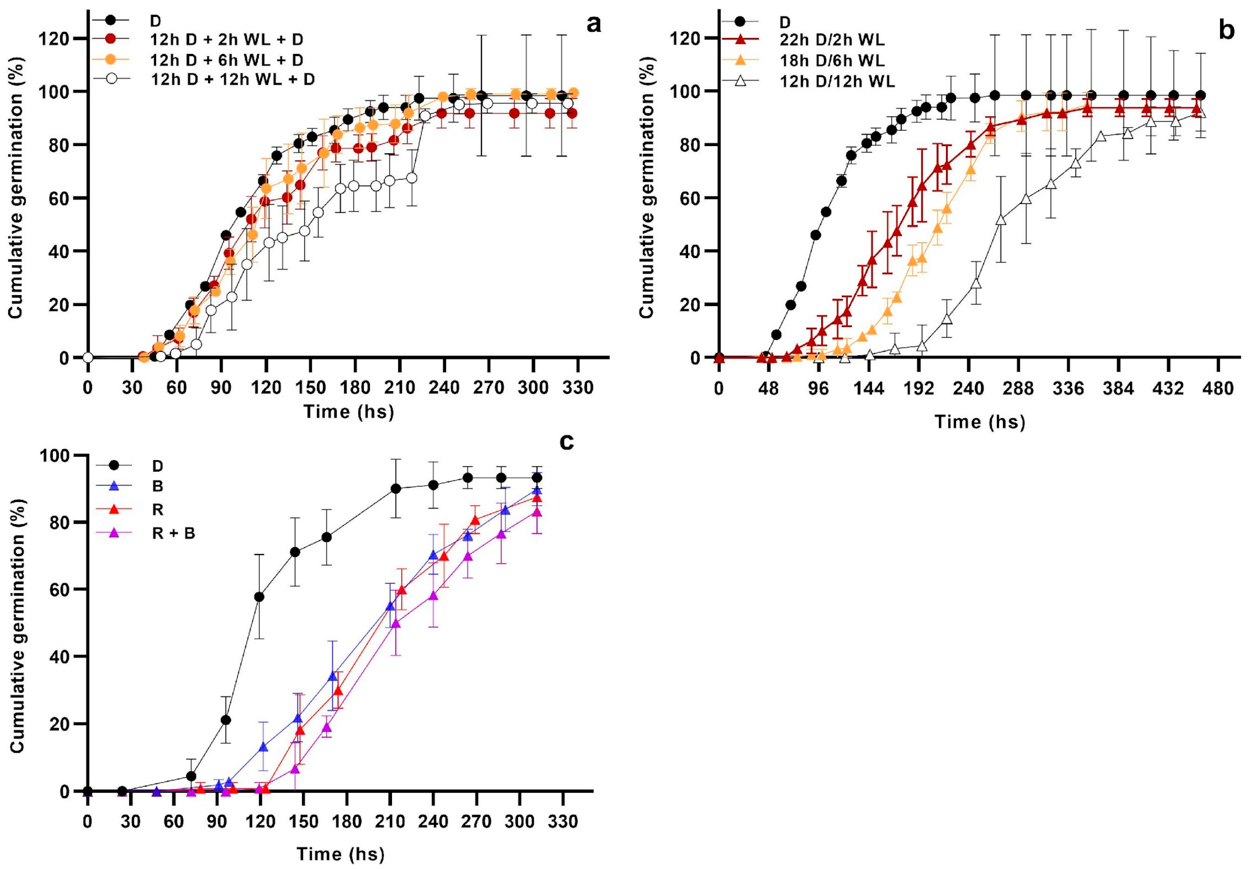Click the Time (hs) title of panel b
pyautogui.click(x=980, y=422)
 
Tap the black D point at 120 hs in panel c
pyautogui.click(x=260, y=597)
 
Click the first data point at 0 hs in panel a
pyautogui.click(x=88, y=358)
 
